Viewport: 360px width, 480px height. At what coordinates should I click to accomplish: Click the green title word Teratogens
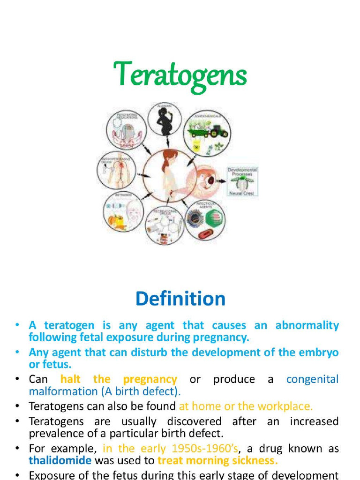tap(180, 75)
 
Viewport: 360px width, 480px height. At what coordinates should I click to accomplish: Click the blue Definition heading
tap(180, 299)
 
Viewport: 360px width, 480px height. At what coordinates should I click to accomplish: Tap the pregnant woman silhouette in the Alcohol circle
tap(165, 120)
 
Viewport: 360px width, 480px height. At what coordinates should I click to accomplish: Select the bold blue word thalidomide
tap(60, 460)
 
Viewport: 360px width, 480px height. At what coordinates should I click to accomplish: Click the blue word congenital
tap(312, 379)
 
